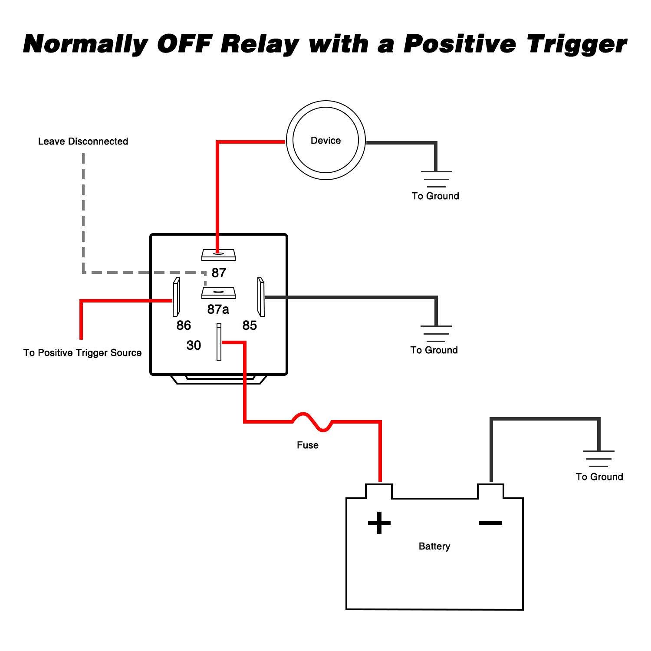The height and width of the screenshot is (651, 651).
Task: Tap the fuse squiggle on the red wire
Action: click(x=312, y=422)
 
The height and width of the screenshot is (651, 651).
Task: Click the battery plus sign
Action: click(x=379, y=523)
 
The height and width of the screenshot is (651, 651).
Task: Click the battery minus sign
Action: click(x=490, y=523)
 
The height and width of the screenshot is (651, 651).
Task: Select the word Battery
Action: click(x=434, y=546)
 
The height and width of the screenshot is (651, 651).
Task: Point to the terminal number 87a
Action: click(x=218, y=309)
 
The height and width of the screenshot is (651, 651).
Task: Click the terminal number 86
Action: click(x=184, y=325)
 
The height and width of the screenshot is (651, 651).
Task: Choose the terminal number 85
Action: click(x=250, y=325)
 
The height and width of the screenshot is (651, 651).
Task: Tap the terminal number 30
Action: click(x=194, y=345)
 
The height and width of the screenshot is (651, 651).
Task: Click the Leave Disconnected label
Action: click(x=83, y=141)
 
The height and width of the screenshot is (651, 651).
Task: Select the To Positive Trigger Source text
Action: click(x=82, y=353)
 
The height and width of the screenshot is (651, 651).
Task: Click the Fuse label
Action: click(x=307, y=445)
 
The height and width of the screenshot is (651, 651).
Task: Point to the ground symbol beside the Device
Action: click(x=436, y=179)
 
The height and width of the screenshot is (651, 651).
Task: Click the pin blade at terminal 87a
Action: click(x=218, y=293)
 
